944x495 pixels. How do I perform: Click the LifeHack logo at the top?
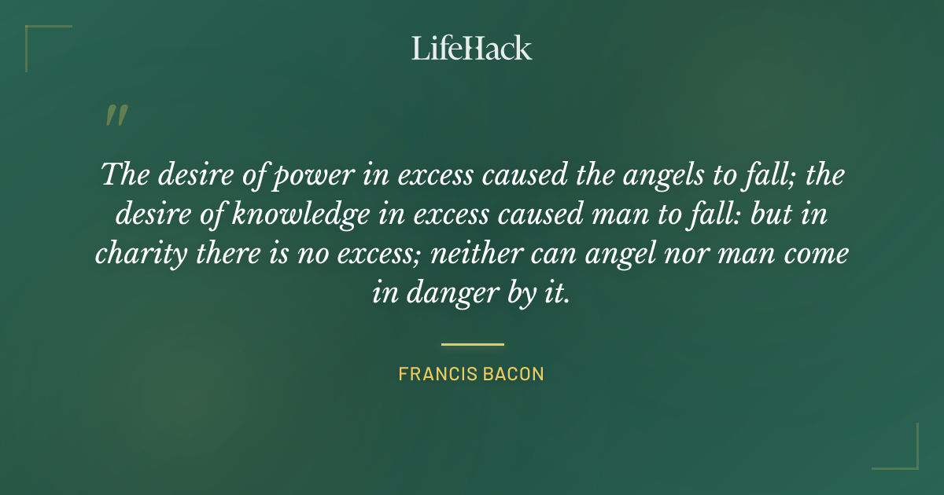pos(472,48)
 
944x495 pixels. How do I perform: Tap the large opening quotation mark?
pos(116,116)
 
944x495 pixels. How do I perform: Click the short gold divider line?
pos(472,344)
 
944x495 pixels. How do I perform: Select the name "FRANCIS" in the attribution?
pos(435,374)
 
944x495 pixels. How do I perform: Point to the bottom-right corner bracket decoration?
pos(905,456)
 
